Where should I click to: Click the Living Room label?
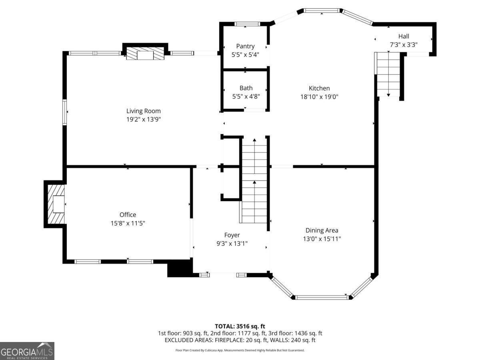[x=143, y=111]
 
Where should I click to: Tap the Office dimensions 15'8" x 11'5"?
[x=128, y=224]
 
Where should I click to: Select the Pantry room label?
[x=245, y=46]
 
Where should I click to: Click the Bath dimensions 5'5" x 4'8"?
[x=246, y=96]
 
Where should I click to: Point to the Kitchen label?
[x=319, y=88]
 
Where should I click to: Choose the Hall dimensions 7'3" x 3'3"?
[x=404, y=45]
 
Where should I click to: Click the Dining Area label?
[x=322, y=230]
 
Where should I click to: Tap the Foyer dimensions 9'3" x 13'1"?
[x=232, y=243]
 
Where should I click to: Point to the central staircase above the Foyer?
[x=255, y=180]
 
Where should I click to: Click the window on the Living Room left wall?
[x=64, y=112]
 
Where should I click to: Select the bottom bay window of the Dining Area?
[x=322, y=297]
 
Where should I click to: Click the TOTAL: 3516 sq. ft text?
[x=240, y=326]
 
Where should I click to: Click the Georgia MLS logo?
[x=27, y=351]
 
